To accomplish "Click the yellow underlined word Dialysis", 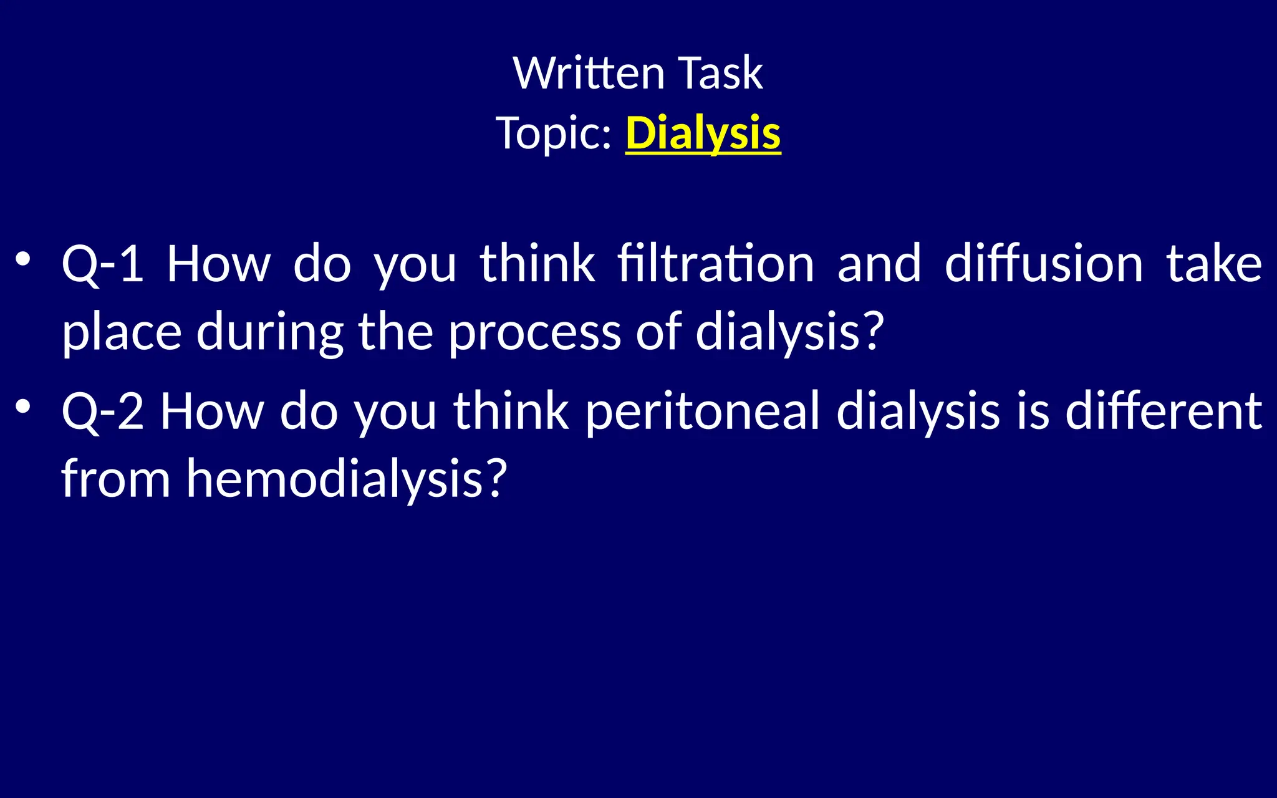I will (703, 133).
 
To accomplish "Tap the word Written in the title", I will (589, 74).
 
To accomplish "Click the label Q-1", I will (103, 264).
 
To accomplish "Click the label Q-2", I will (103, 411).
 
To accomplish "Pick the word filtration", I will (716, 264).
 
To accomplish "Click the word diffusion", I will (1044, 264).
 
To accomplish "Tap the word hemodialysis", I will (334, 479).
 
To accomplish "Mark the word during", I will (270, 333).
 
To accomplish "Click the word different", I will (1164, 411).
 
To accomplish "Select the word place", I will (122, 333).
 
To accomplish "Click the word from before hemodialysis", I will (115, 479).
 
